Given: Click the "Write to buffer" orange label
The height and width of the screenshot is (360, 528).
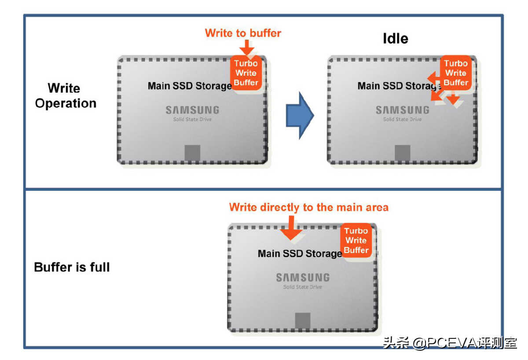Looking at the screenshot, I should [x=243, y=33].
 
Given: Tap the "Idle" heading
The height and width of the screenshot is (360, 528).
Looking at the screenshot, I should [x=395, y=39].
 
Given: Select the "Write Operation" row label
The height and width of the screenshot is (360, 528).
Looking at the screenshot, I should [x=66, y=96].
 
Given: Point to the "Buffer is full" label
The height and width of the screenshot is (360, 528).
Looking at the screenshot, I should [x=72, y=267].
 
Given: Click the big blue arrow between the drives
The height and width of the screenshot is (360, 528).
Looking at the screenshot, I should [x=300, y=115].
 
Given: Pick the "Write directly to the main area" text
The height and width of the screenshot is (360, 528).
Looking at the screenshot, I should [x=308, y=207].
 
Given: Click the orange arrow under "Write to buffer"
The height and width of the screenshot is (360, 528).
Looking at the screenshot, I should [x=247, y=47].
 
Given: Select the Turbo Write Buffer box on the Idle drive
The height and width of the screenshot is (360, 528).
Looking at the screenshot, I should [x=456, y=73].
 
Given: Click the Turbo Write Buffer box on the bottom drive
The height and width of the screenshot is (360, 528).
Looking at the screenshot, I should [x=356, y=240].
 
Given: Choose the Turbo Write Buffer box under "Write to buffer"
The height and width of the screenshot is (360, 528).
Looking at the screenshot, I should [x=246, y=73].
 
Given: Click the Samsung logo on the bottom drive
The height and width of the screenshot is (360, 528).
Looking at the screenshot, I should [x=302, y=278].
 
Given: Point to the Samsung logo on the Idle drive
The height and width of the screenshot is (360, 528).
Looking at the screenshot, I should [x=402, y=110].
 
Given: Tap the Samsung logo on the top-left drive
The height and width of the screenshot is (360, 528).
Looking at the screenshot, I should [x=192, y=110].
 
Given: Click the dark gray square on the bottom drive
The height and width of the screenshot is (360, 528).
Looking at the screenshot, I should [x=302, y=320].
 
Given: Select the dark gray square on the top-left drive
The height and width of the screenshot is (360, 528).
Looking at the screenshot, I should [x=192, y=153].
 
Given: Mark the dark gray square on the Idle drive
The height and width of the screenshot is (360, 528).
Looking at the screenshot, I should [x=402, y=153].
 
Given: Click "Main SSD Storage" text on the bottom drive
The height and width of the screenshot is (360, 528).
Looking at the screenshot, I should [x=299, y=253].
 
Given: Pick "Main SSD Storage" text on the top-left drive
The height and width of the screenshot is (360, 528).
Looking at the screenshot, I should [x=189, y=86].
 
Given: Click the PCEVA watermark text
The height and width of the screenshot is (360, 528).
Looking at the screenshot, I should [x=450, y=343].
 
